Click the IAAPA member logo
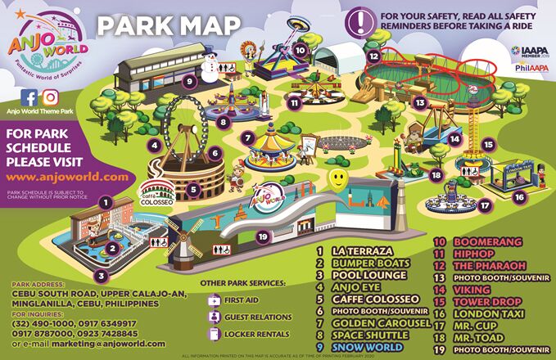click(532, 52)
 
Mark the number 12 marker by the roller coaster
click(373, 56)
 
